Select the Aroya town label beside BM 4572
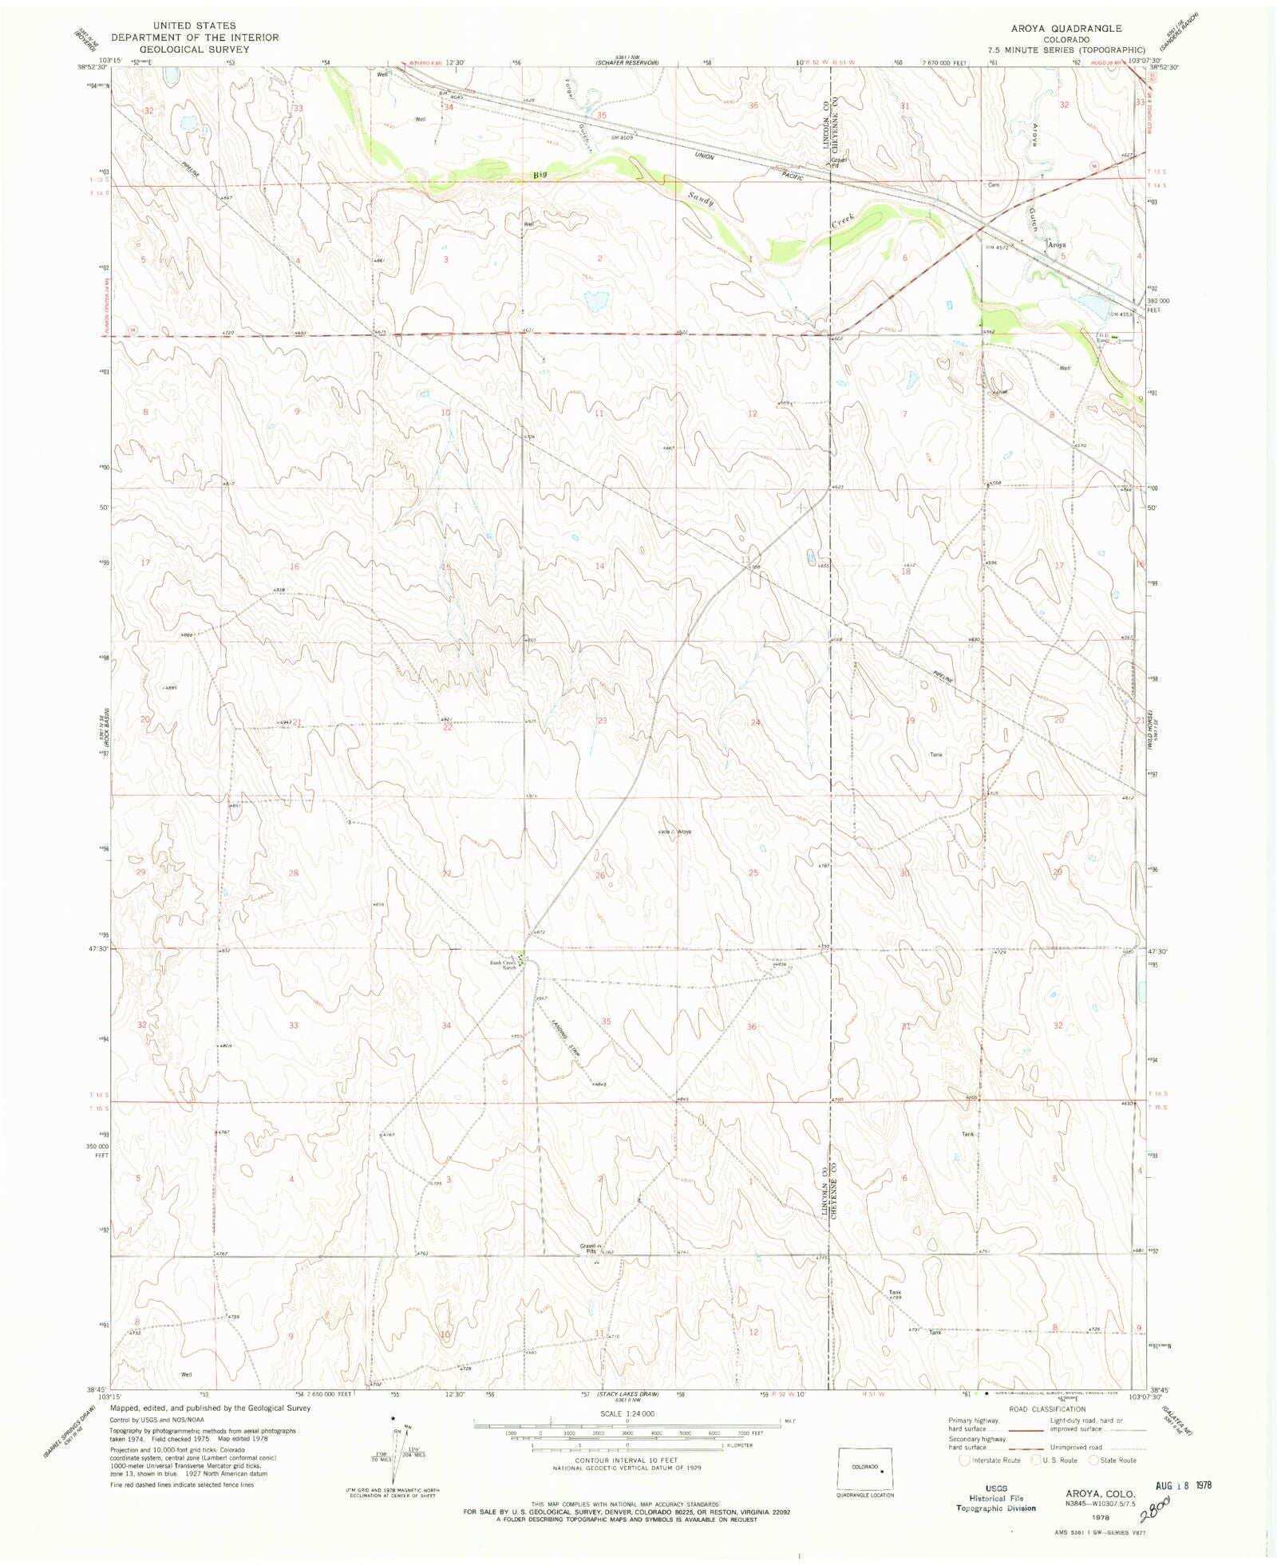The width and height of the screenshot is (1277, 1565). pos(1057,245)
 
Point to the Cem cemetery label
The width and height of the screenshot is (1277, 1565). pos(994,185)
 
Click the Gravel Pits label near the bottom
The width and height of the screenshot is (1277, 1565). pos(588,1249)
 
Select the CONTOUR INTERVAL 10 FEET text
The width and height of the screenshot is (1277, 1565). pos(627,1460)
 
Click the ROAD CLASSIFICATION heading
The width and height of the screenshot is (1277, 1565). pos(1046,1409)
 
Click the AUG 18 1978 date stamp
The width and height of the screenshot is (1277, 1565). pos(1183,1485)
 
